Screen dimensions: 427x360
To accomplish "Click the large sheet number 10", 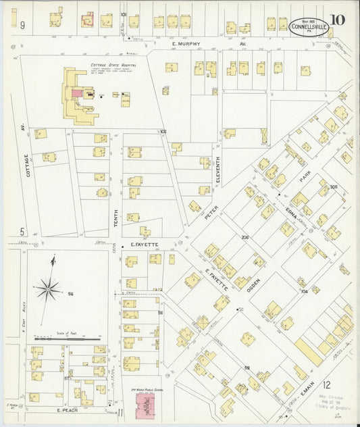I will point(338,20).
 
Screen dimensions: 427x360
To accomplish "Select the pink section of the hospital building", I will point(78,93).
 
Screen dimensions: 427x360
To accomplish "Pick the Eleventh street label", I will point(217,172).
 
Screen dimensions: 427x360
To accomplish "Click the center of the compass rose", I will point(48,291).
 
